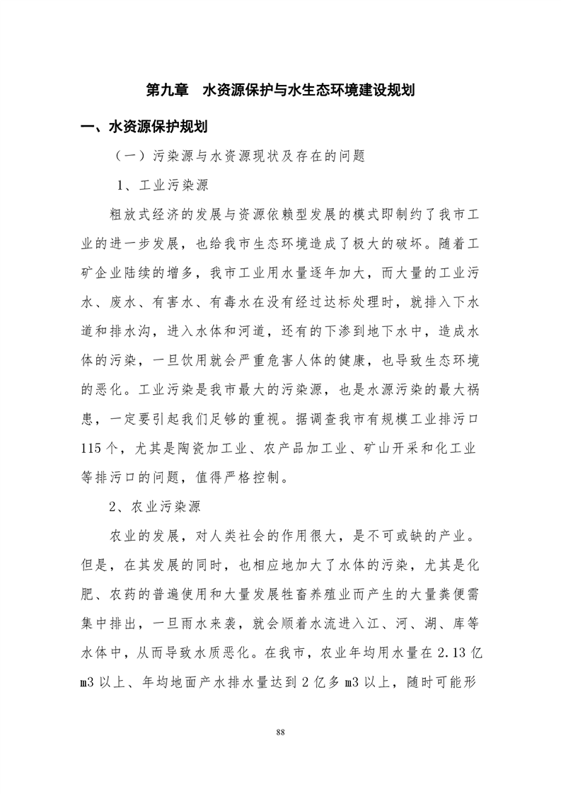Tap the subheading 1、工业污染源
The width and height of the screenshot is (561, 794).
162,187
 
